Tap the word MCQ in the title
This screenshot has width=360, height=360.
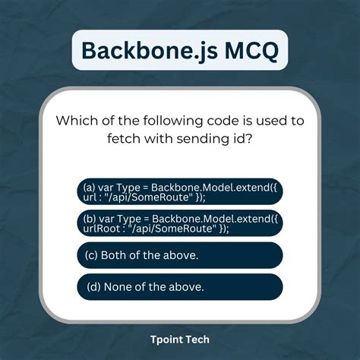point(242,50)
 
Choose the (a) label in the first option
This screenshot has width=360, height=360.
point(90,187)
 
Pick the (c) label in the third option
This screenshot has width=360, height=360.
point(90,255)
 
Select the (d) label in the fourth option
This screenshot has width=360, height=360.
point(90,286)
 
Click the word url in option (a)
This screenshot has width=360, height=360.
point(91,197)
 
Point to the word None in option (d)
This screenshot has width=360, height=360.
point(116,286)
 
